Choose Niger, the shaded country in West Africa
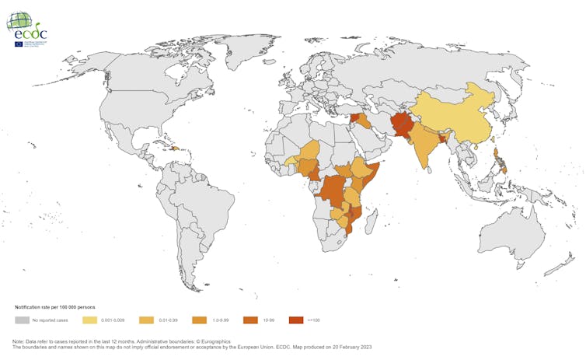click(x=311, y=152)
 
